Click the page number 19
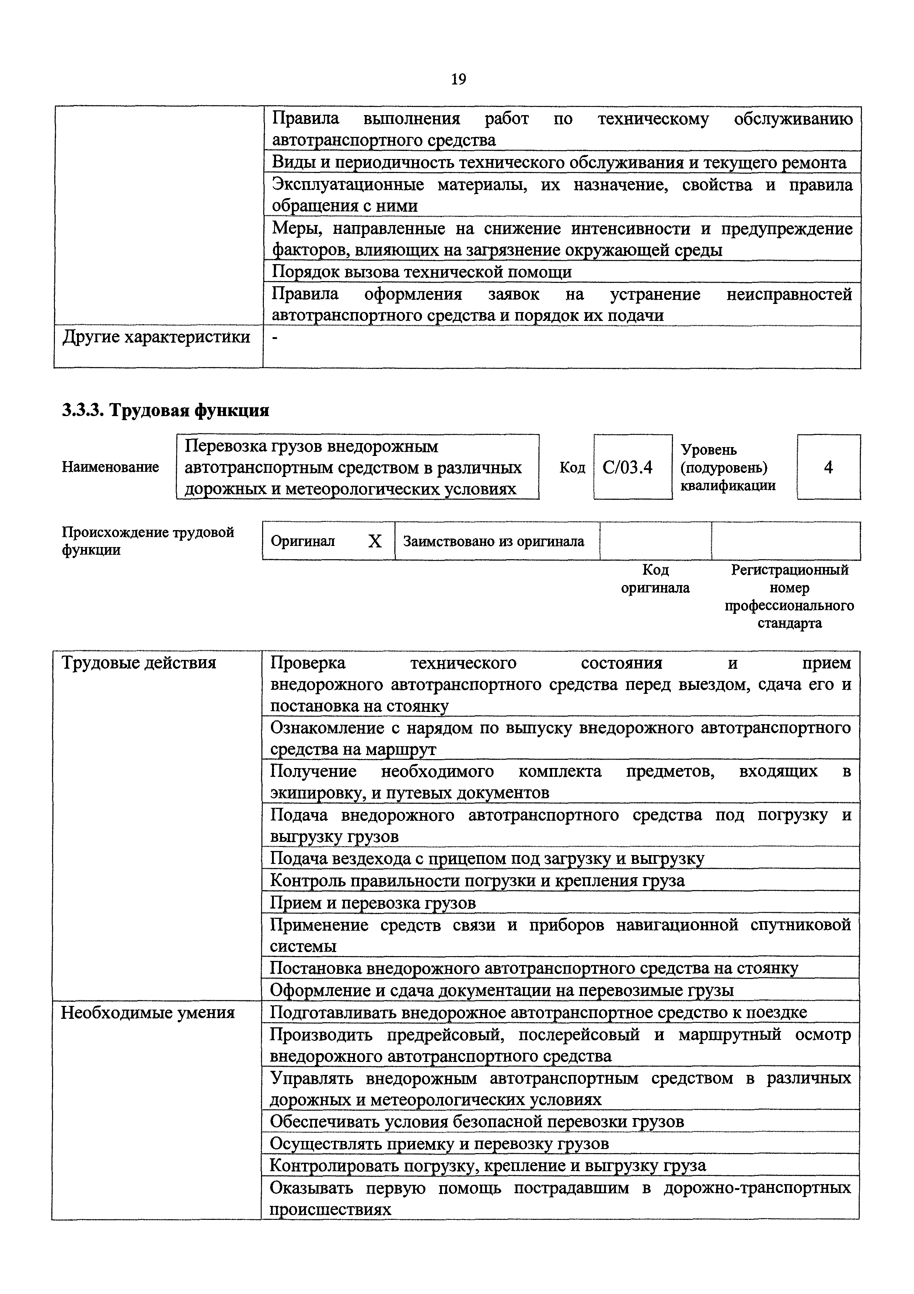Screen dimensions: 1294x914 click(x=458, y=79)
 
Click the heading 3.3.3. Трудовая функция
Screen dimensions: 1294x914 click(x=165, y=410)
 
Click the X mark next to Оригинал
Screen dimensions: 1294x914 click(x=374, y=542)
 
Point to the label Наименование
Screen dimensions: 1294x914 click(x=110, y=467)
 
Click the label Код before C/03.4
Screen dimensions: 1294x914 click(x=572, y=467)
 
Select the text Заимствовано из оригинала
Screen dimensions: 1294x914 click(x=493, y=542)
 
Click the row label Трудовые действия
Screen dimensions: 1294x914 click(x=139, y=662)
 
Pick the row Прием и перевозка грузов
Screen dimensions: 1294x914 click(x=373, y=903)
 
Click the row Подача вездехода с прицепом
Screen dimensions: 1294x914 click(x=486, y=858)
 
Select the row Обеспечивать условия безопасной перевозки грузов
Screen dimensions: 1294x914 click(x=477, y=1121)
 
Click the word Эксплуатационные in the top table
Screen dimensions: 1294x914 click(x=348, y=185)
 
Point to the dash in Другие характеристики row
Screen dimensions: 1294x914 click(x=275, y=337)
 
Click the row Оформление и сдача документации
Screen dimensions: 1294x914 click(x=501, y=990)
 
